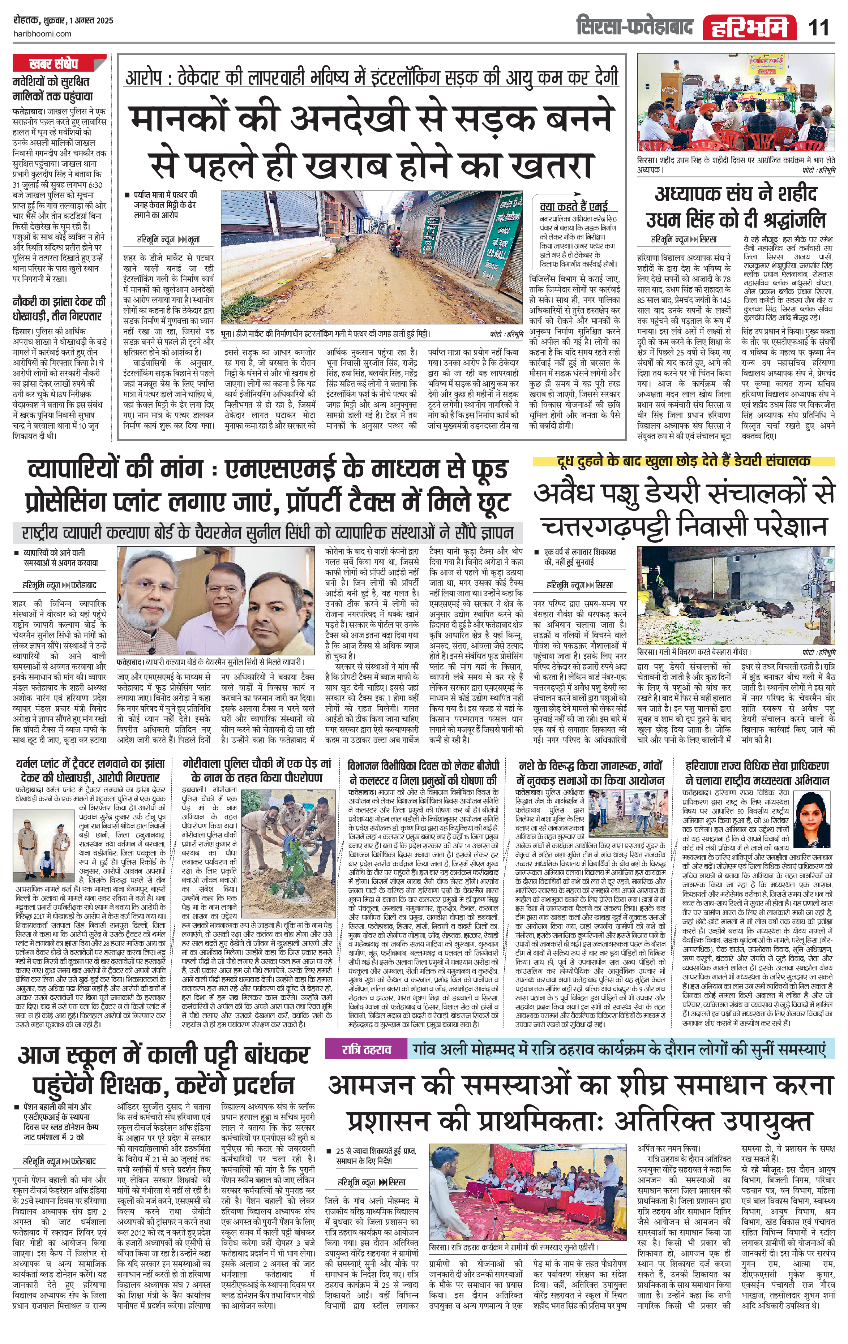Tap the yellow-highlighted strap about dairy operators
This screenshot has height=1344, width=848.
tap(683, 461)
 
